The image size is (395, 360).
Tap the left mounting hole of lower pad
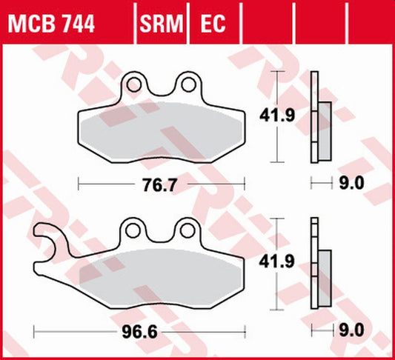[134, 229]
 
